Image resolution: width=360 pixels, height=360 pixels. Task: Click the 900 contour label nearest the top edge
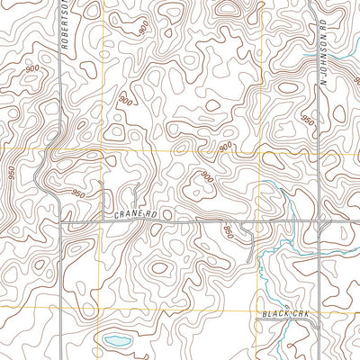(144, 28)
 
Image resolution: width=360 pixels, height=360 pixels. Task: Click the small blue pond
(114, 341)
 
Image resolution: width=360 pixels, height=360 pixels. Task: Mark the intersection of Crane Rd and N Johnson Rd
(320, 220)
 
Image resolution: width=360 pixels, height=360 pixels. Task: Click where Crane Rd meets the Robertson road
(60, 220)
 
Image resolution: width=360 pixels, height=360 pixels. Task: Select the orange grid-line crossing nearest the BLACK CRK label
(261, 309)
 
